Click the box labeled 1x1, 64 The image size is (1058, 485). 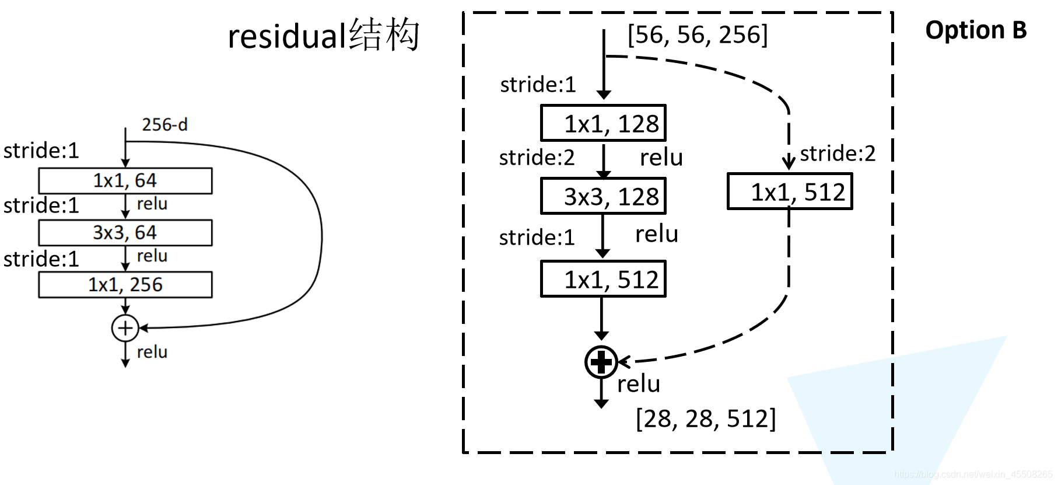pos(125,181)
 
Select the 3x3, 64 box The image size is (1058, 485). pos(125,233)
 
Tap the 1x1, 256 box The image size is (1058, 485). pos(125,285)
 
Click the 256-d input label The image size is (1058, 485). pos(164,124)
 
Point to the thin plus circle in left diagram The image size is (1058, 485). pos(125,328)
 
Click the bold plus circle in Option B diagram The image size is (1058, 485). pos(601,362)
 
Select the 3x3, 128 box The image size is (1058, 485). pos(603,197)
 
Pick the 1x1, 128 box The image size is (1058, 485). pos(603,123)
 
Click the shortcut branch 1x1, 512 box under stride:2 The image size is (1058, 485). pos(790,191)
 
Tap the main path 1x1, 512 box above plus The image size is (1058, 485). pos(603,280)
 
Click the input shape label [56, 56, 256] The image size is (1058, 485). pos(698,35)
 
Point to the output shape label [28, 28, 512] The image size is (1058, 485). pos(706,418)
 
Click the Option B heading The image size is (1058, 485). pos(976,30)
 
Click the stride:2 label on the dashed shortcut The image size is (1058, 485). pos(838,153)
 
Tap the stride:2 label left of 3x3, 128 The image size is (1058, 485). pos(537,158)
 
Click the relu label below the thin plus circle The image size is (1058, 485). pos(152,352)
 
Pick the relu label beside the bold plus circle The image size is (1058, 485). pos(639,383)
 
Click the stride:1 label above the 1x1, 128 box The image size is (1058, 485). pos(538,85)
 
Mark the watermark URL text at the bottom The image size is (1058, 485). pos(973,474)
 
